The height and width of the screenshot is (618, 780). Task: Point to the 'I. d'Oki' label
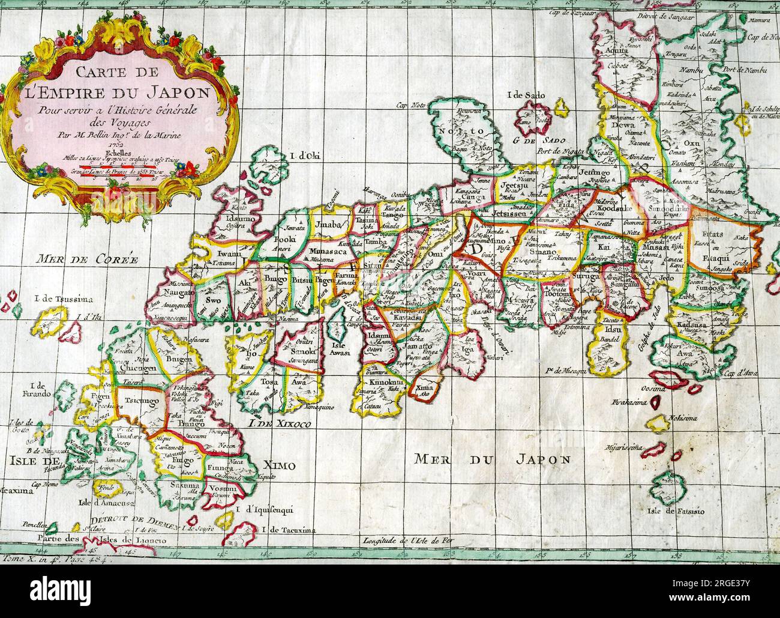pos(305,157)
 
